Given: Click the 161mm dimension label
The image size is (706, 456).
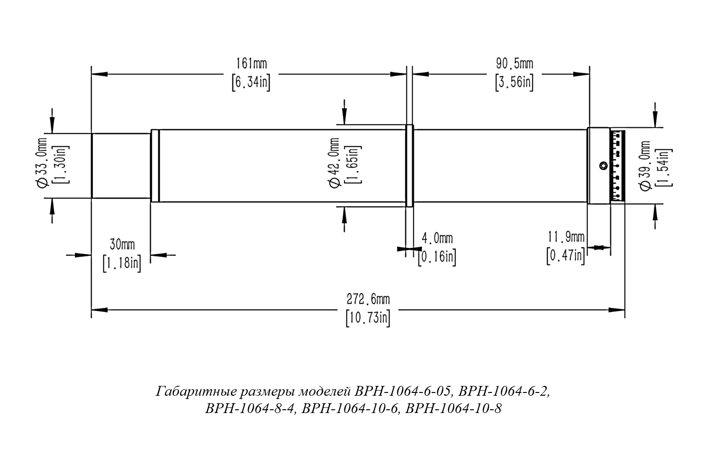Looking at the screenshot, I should click(x=251, y=63).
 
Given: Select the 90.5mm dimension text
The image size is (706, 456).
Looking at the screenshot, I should click(x=514, y=63).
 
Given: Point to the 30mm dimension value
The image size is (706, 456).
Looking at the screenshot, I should click(x=121, y=244).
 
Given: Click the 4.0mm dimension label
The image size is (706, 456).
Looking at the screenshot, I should click(x=437, y=238).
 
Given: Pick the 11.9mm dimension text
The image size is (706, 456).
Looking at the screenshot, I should click(x=566, y=237).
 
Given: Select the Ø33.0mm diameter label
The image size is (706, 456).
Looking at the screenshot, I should click(x=42, y=163).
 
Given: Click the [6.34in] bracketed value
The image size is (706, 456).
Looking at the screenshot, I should click(x=251, y=83).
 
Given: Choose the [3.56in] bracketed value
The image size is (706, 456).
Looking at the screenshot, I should click(x=514, y=83).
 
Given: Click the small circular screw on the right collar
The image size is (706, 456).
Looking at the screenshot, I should click(x=603, y=165).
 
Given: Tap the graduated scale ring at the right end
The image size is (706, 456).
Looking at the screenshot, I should click(x=618, y=165).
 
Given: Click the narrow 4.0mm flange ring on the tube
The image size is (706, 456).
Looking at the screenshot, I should click(x=409, y=165).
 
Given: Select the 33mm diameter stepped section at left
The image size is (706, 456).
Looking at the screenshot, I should click(x=121, y=165).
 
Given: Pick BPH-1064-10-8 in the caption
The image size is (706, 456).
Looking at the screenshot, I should click(x=454, y=409).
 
